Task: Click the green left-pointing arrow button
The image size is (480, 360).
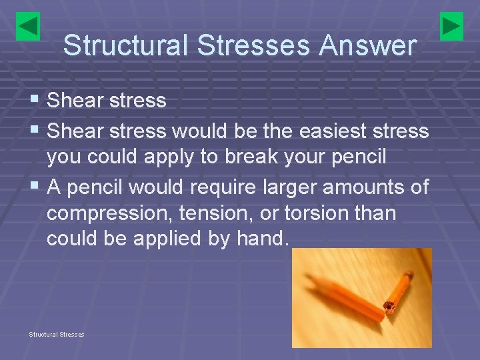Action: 28,26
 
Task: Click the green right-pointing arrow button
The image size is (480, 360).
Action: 451,26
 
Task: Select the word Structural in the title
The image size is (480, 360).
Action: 118,46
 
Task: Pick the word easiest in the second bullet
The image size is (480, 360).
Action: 317,131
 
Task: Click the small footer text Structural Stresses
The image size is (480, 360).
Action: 56,334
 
